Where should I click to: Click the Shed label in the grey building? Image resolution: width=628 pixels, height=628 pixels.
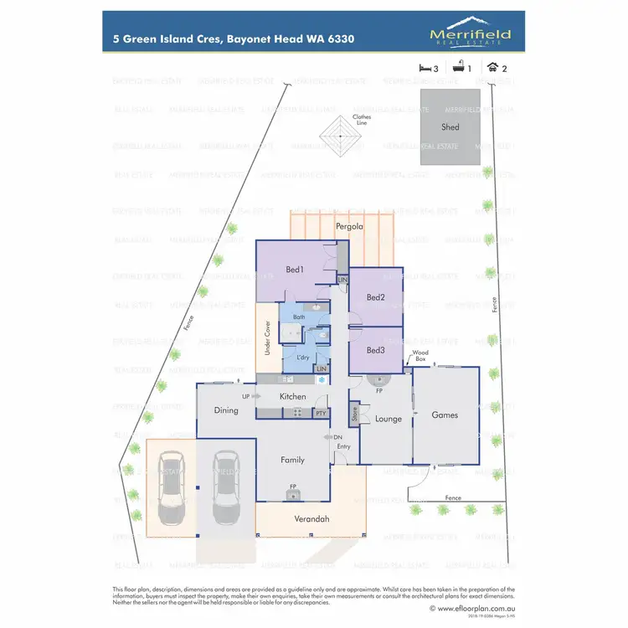coord(450,127)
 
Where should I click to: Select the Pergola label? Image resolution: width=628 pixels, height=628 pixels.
coord(348,227)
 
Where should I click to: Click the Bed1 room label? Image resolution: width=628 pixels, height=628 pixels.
coord(294,270)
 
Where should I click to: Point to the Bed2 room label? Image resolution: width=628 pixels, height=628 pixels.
coord(375,297)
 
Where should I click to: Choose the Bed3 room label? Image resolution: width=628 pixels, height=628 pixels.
coord(375,350)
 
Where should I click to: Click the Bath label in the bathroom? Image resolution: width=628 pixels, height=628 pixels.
coord(299,317)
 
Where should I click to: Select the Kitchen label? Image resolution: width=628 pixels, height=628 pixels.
coord(292,396)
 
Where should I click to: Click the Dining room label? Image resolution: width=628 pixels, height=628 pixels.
coord(226,410)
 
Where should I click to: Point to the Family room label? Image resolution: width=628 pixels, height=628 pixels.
coord(292,460)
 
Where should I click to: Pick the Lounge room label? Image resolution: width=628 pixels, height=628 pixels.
coord(388,419)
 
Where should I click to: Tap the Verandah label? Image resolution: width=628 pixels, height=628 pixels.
coord(311,519)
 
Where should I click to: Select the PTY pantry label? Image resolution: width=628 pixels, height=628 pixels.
coord(320,413)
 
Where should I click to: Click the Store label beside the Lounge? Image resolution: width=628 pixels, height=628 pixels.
coord(354,413)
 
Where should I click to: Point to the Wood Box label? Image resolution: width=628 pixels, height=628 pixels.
coord(420,356)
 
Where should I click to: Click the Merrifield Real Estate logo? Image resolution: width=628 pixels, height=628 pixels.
coord(470,36)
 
